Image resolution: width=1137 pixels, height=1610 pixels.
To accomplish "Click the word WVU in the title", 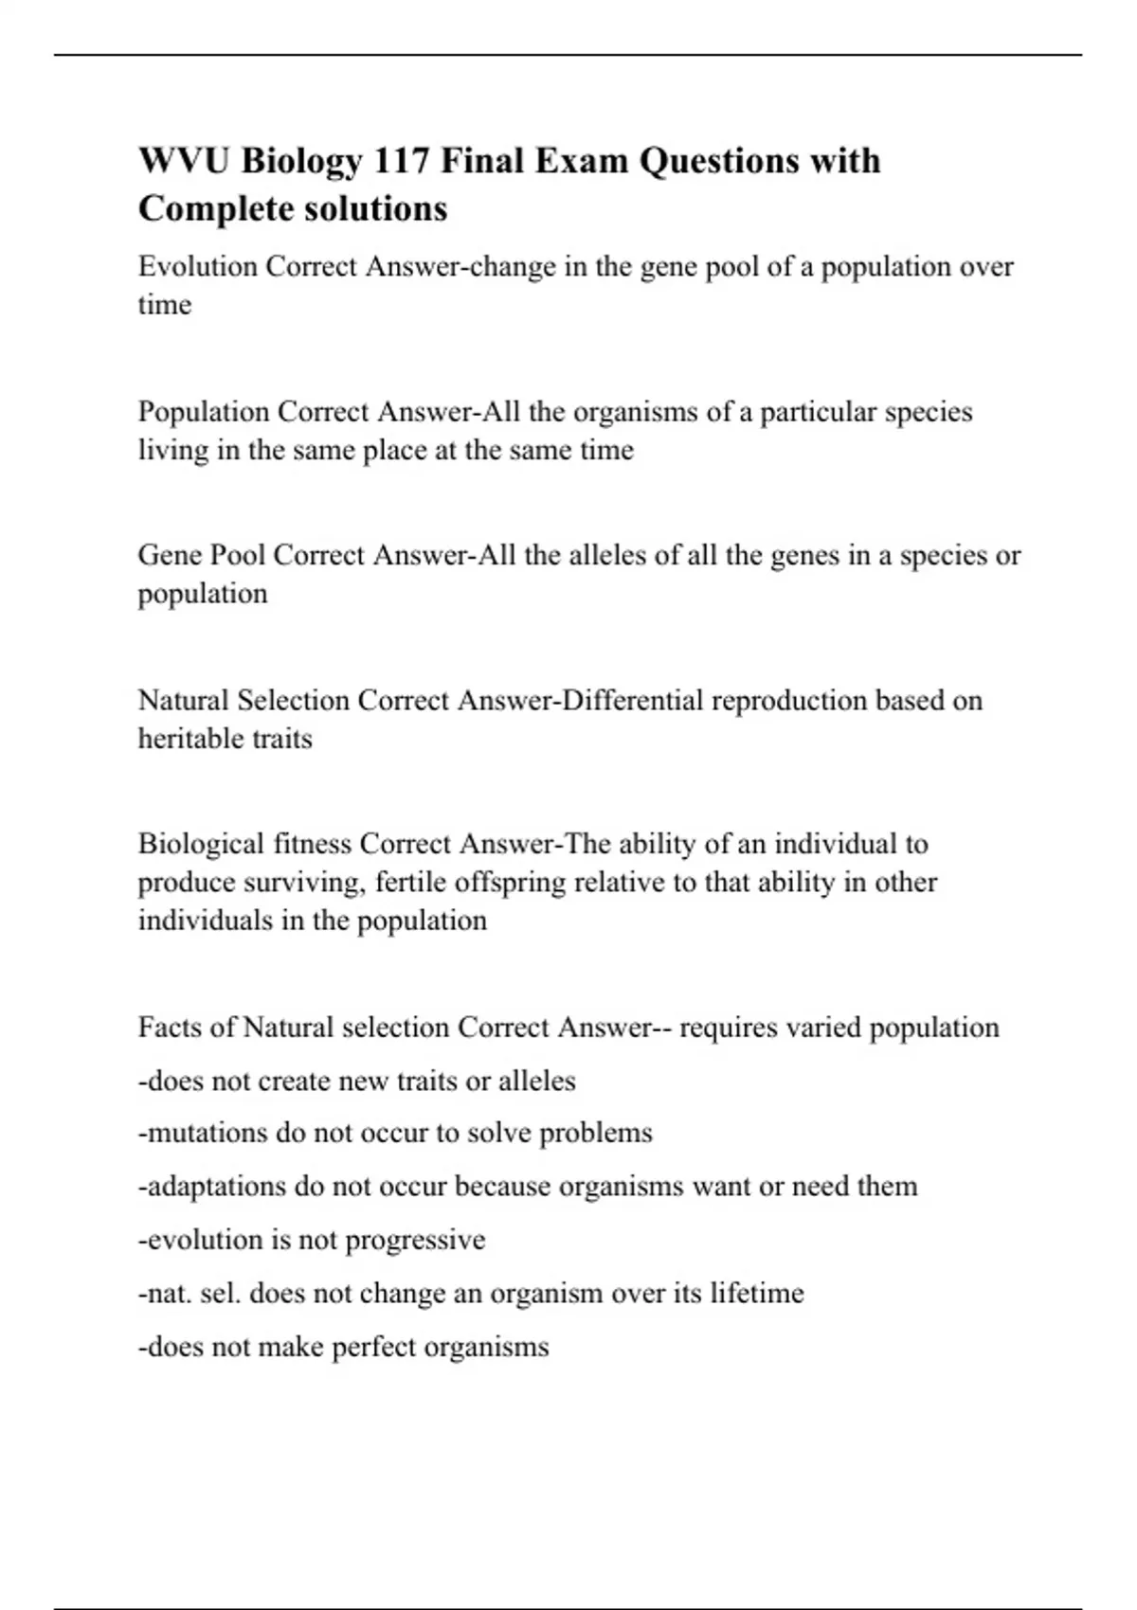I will coord(184,161).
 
